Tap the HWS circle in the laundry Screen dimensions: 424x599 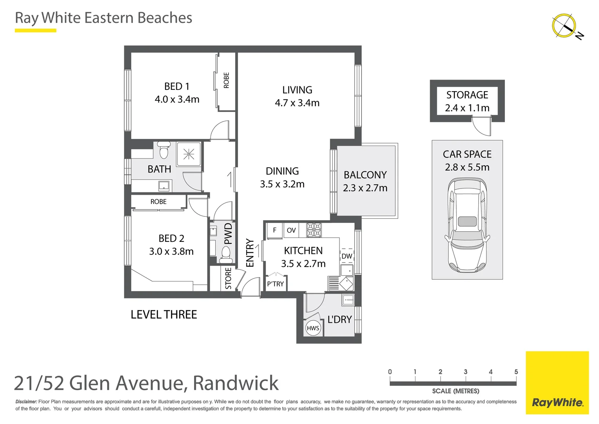tap(313, 328)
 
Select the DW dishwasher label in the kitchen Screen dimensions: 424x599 tap(347, 256)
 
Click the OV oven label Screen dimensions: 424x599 tap(291, 230)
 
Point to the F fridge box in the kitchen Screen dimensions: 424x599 tap(274, 230)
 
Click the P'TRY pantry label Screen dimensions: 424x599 tap(275, 284)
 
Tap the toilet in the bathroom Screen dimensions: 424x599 tap(164, 150)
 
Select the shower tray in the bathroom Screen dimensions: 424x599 tap(189, 154)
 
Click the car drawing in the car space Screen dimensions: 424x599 tap(467, 225)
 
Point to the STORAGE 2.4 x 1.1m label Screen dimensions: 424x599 tap(467, 101)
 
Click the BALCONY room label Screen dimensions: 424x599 tap(365, 175)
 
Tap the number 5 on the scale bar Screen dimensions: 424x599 tap(516, 372)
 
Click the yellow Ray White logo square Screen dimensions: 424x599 tap(557, 383)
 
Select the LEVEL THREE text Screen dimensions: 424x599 tap(164, 314)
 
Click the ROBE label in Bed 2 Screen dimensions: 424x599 tap(158, 202)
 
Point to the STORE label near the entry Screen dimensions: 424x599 tap(228, 278)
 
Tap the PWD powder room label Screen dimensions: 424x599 tap(228, 234)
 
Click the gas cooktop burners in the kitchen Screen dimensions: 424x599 tap(314, 230)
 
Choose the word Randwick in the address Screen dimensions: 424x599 tap(236, 383)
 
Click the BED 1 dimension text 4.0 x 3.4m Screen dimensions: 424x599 tap(177, 99)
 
